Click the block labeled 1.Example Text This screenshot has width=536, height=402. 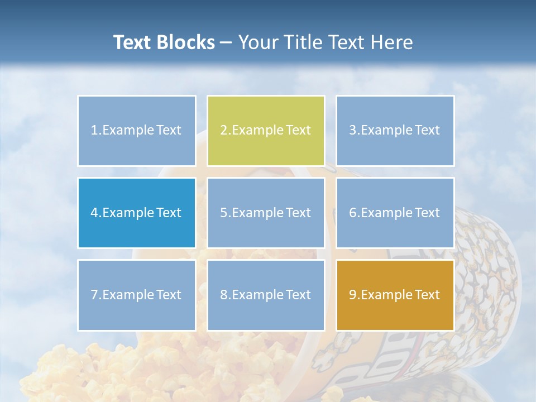(136, 131)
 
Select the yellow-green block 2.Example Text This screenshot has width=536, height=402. (266, 131)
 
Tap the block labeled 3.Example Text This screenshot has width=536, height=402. (395, 131)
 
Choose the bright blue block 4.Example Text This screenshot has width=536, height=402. (136, 213)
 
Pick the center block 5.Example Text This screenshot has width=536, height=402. (266, 213)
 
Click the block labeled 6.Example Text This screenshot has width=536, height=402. (395, 213)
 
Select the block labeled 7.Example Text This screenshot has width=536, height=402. (136, 295)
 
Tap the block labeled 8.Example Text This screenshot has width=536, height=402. (266, 295)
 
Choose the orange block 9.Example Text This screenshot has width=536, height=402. (395, 295)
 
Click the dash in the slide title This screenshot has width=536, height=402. (226, 42)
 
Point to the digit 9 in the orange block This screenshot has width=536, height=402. (353, 295)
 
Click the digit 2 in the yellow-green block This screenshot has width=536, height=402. (223, 131)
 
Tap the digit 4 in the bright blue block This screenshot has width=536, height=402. (94, 213)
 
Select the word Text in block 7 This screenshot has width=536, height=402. (169, 295)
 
